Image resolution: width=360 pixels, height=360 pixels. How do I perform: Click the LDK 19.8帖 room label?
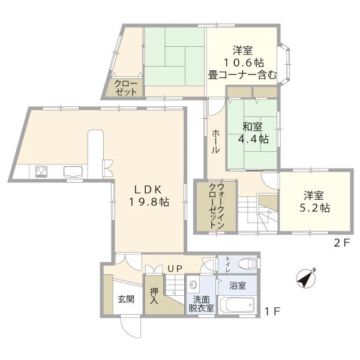tap(149, 196)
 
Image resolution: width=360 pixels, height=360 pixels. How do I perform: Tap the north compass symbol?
tap(306, 278)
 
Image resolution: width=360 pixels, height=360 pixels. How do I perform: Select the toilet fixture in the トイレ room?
tap(247, 263)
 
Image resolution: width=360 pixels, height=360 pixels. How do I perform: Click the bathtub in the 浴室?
tap(238, 305)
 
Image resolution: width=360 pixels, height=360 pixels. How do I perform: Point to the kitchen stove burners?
tap(41, 171)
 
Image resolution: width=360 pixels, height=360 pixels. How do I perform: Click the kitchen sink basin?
tap(73, 172)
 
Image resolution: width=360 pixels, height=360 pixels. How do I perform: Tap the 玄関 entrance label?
tap(126, 299)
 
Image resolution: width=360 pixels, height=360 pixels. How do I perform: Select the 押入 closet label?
tap(154, 296)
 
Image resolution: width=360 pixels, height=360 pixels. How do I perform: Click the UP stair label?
tap(175, 268)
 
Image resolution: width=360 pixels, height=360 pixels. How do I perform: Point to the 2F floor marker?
tap(342, 242)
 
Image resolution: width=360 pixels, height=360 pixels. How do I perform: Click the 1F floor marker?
tap(272, 311)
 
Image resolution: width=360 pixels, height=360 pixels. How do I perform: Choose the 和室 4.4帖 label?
tap(253, 133)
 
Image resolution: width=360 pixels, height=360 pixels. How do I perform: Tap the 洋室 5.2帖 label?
tap(314, 202)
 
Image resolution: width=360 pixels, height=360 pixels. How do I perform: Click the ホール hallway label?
tap(215, 141)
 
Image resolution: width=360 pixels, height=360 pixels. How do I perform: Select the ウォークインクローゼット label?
tap(216, 205)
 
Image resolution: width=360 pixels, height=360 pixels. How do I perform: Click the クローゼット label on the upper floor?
tap(126, 88)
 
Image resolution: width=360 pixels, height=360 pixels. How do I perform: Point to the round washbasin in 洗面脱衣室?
tap(193, 285)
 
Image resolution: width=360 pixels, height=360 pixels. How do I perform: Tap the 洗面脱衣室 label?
tap(202, 304)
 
